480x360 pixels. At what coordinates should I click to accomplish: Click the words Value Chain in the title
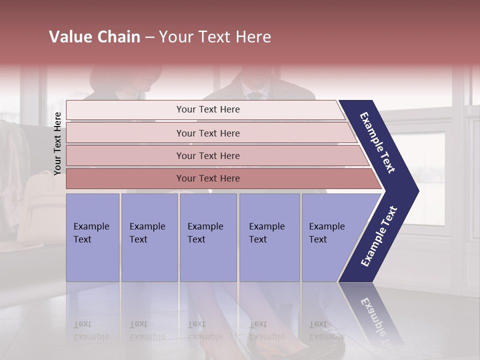click(94, 37)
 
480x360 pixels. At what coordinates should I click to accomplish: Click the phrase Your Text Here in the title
click(215, 37)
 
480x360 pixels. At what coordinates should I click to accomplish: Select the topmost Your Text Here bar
click(207, 109)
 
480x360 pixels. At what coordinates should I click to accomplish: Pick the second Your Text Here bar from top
click(207, 133)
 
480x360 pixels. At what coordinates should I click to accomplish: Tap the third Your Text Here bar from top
click(207, 155)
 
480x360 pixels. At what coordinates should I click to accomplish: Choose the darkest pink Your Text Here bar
click(207, 178)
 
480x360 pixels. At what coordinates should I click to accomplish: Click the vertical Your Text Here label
click(57, 143)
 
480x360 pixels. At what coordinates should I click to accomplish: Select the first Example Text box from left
click(92, 237)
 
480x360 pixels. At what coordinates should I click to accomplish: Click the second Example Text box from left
click(149, 237)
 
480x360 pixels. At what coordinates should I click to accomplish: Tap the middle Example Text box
click(207, 237)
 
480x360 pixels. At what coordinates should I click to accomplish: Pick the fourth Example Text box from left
click(269, 237)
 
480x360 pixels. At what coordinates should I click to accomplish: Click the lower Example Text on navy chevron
click(378, 236)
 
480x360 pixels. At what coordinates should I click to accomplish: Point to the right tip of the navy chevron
click(418, 191)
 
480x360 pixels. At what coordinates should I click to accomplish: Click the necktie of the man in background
click(255, 94)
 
